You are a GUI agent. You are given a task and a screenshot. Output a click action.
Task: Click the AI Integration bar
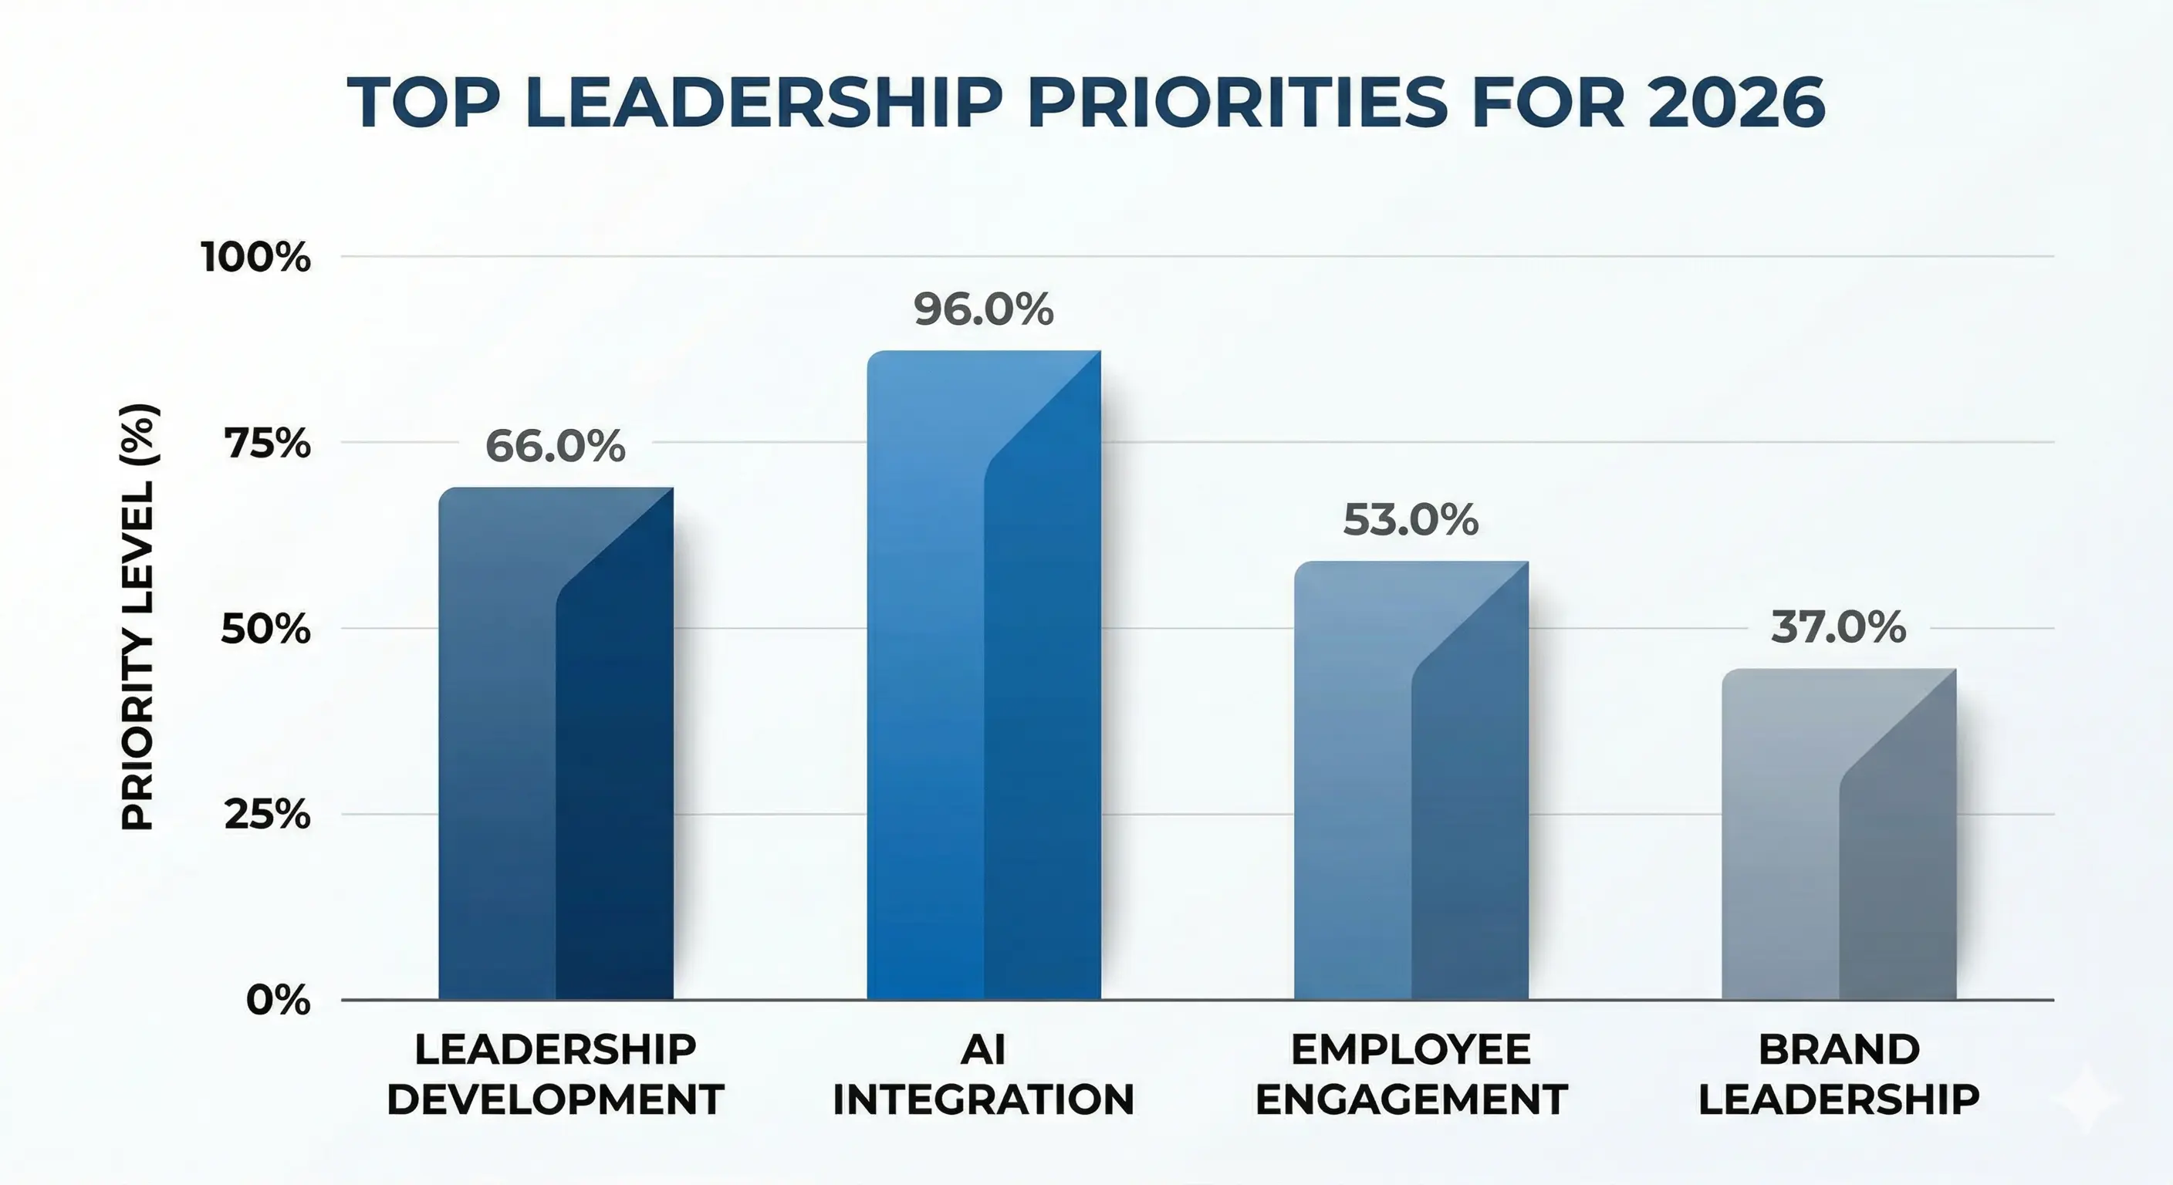(x=984, y=675)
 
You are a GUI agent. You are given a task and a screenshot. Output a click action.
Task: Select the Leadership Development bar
(x=555, y=742)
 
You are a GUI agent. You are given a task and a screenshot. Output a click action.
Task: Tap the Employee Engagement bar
(x=1411, y=780)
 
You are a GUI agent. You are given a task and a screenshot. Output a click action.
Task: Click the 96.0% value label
(x=984, y=309)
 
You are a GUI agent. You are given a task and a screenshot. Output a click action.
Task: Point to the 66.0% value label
(x=555, y=446)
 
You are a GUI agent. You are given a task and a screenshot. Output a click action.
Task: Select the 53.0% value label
(x=1411, y=519)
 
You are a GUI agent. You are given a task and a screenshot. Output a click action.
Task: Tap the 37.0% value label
(x=1838, y=627)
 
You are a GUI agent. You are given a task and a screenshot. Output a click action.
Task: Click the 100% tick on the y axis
(x=255, y=256)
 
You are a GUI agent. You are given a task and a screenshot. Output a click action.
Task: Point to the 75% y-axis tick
(x=266, y=443)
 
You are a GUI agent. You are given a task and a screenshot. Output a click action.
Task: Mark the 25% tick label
(x=266, y=815)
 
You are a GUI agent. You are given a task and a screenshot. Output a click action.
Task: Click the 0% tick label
(x=278, y=1001)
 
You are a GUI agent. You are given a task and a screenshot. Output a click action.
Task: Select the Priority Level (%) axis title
(x=137, y=617)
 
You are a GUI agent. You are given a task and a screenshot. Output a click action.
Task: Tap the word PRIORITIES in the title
(x=1237, y=103)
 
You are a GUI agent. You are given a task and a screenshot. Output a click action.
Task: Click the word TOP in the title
(x=424, y=103)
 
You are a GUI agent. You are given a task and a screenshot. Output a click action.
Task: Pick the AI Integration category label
(x=984, y=1075)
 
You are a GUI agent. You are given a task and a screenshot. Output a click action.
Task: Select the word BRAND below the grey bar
(x=1839, y=1050)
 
